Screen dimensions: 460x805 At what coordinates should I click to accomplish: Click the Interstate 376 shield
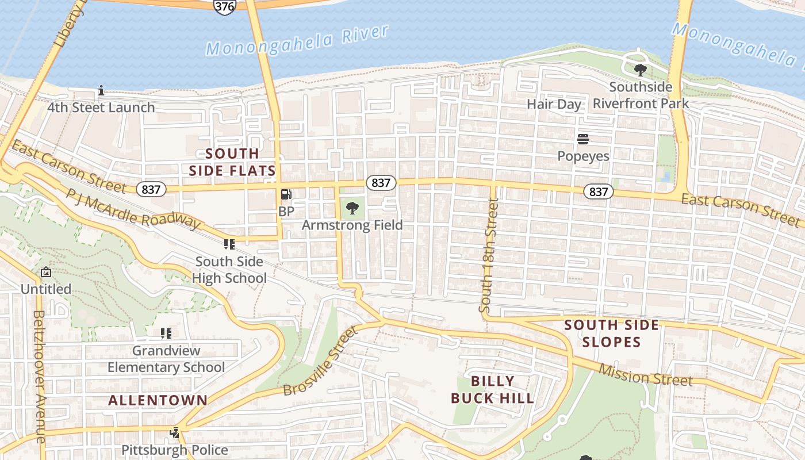click(x=224, y=6)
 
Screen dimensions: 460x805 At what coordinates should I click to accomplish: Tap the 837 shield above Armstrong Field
click(x=381, y=183)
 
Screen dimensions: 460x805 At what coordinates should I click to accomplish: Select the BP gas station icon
click(x=286, y=195)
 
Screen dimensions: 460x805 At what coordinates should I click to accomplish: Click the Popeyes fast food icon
click(x=583, y=139)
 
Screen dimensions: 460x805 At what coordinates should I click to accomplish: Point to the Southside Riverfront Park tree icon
click(x=640, y=70)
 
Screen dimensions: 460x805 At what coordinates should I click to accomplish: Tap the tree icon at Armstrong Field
click(x=352, y=208)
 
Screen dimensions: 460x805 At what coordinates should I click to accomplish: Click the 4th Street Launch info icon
click(x=101, y=90)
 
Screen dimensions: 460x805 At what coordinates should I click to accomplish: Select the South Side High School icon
click(x=229, y=244)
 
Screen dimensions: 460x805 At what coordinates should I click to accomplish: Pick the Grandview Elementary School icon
click(x=166, y=333)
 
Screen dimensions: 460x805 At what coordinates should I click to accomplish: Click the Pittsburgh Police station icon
click(x=175, y=432)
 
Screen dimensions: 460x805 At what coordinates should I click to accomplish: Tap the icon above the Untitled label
click(x=46, y=272)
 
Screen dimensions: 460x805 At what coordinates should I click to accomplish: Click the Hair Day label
click(x=554, y=104)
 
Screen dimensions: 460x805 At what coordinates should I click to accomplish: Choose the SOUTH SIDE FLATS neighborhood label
click(x=232, y=162)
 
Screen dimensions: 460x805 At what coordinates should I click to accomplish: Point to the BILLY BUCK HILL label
click(x=492, y=389)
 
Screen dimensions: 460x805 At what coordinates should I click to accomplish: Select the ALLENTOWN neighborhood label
click(x=158, y=400)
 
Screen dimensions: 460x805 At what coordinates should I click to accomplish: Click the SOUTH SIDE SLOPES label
click(x=611, y=333)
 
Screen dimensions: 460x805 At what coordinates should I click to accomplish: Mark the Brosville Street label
click(x=320, y=361)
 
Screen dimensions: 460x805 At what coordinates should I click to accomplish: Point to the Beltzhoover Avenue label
click(x=39, y=377)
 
